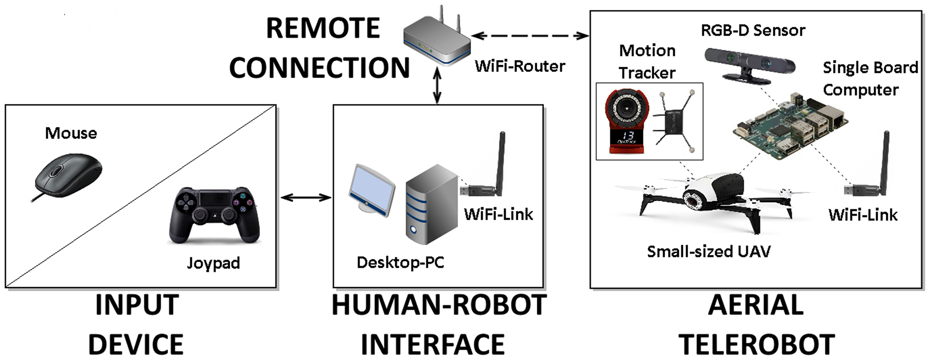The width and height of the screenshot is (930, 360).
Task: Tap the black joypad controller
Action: tap(214, 215)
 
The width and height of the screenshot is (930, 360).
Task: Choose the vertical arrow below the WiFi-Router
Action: tap(437, 85)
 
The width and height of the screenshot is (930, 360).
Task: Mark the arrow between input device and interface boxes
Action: tap(306, 198)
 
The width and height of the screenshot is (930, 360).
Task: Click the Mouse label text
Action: tap(71, 133)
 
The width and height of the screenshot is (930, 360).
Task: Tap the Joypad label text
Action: tap(213, 263)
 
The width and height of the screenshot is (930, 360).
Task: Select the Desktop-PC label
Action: tap(400, 263)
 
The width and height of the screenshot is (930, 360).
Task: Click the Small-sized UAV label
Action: tap(708, 252)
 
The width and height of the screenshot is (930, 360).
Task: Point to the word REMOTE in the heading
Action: tap(323, 29)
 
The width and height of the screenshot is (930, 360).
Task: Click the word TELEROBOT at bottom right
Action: tap(756, 344)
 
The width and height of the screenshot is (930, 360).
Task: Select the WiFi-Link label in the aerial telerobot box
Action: tap(863, 215)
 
